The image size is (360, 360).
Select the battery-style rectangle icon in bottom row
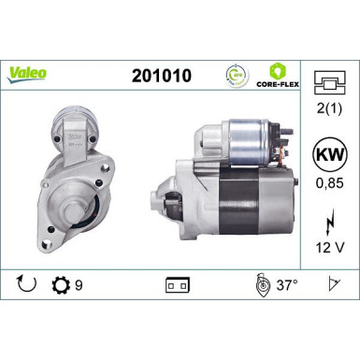point(177,283)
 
